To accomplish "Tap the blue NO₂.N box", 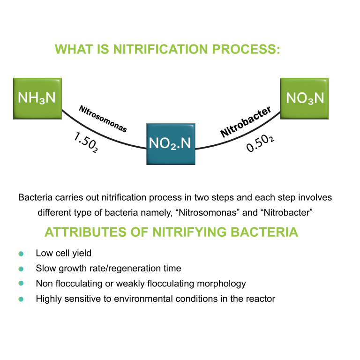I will [x=170, y=144].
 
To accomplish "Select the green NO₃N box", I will [x=305, y=97].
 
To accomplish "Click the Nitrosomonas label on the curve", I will [x=103, y=120].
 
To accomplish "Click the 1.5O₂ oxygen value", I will [x=85, y=142].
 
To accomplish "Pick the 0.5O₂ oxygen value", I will [x=260, y=143].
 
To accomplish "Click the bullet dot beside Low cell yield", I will [x=21, y=254].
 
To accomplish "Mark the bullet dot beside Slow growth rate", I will [x=21, y=269].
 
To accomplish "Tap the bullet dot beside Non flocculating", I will [x=21, y=284].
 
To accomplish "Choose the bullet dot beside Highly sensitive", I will [x=21, y=299].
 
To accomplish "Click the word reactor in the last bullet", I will [x=262, y=299].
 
